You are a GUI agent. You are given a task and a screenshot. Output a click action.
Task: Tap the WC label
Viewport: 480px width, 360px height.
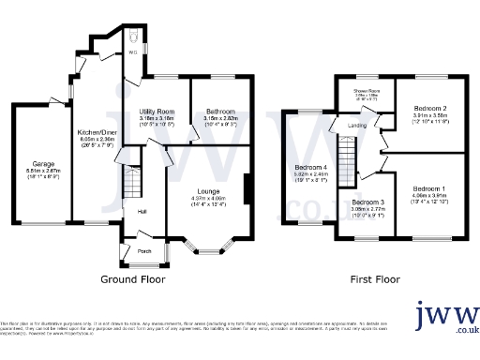132,52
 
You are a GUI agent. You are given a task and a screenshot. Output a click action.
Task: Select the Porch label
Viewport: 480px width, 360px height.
144,250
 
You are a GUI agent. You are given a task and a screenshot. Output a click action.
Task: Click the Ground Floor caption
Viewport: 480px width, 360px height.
132,278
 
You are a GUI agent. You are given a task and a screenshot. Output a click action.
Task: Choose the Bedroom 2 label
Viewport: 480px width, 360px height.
429,109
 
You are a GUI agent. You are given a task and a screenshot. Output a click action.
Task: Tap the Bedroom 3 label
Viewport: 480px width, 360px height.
368,202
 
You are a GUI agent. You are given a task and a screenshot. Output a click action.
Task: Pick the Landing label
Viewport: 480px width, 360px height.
356,123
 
